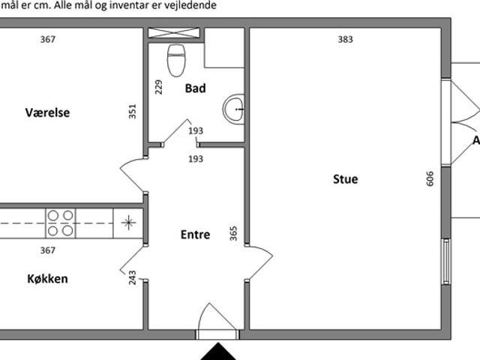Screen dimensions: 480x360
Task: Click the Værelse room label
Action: click(47, 112)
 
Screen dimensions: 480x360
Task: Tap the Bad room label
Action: click(195, 88)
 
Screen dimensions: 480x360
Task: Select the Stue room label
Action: click(345, 179)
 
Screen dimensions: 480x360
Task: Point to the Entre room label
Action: click(195, 235)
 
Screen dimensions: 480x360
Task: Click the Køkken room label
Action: click(47, 279)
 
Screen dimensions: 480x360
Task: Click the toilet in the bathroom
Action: click(176, 60)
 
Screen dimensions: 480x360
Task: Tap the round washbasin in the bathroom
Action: click(233, 109)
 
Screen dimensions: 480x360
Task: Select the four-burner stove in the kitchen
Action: click(60, 223)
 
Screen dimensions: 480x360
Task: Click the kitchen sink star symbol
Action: click(128, 223)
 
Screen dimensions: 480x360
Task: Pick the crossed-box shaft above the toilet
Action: click(174, 33)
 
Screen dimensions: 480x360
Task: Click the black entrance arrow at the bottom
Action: click(218, 352)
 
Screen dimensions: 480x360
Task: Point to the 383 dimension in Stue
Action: click(345, 39)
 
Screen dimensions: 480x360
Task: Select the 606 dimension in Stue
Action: click(430, 178)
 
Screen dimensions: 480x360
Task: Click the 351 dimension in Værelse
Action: click(132, 112)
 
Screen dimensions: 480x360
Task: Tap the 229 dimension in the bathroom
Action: click(158, 87)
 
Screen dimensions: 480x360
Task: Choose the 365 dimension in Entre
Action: click(233, 233)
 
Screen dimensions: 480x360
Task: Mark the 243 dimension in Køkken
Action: click(132, 277)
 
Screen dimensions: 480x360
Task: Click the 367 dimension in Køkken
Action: click(48, 250)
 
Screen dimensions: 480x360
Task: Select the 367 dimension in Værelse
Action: click(48, 39)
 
